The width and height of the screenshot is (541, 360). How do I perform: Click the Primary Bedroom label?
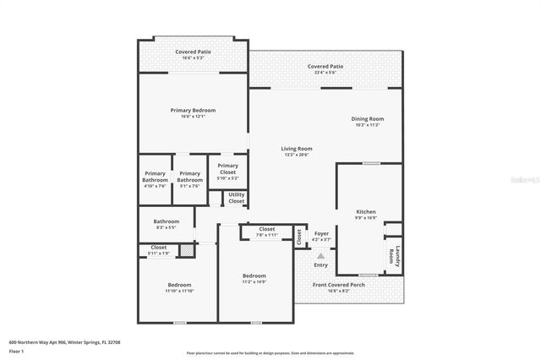pos(193,111)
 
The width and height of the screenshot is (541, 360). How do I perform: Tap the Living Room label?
pos(297,149)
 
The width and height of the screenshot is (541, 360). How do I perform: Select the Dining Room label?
pos(368,118)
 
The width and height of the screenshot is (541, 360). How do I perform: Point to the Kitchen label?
pos(366,211)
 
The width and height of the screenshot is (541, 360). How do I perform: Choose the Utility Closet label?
pos(237,198)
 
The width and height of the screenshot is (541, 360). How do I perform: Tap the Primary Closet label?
pos(227,169)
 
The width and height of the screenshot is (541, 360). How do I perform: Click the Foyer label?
pos(321,233)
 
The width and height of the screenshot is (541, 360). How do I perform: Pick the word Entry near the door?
pos(321,265)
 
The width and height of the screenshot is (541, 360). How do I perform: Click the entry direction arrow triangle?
pos(321,255)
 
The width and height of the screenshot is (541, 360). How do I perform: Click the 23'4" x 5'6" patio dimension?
pos(325,72)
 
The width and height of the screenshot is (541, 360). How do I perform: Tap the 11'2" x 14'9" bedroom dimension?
pos(254,281)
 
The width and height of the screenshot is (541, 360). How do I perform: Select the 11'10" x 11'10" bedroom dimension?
pos(180,291)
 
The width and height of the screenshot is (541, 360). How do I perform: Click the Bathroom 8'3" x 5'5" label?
pos(166,224)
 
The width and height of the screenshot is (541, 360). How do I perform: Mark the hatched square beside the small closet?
pos(187,249)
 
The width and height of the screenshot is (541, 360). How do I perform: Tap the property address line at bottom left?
pos(64,341)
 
